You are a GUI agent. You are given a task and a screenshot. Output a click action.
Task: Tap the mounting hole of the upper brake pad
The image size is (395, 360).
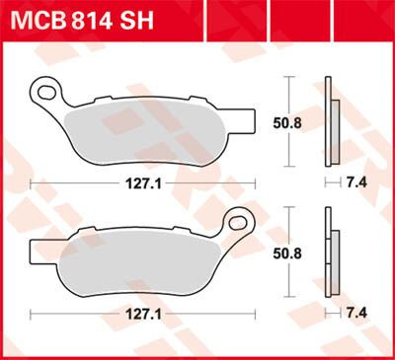[x=44, y=94]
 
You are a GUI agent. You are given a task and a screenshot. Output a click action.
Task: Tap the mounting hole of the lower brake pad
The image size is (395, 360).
[x=239, y=220]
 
